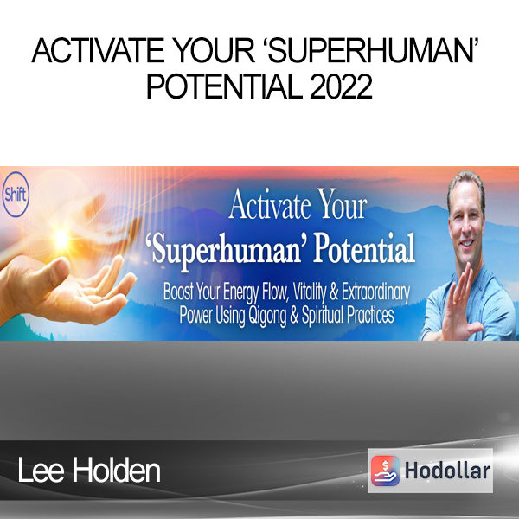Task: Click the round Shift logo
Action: click(x=16, y=195)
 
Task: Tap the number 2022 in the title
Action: click(x=342, y=86)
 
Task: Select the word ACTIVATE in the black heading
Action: click(x=98, y=50)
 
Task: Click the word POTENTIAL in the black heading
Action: click(x=224, y=86)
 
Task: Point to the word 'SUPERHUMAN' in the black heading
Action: click(x=374, y=50)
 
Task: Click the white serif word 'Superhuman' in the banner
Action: click(x=224, y=250)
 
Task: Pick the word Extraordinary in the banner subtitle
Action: click(x=375, y=292)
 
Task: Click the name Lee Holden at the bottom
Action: click(x=89, y=471)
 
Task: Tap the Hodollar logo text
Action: click(x=447, y=471)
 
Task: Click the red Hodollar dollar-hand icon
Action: click(x=385, y=471)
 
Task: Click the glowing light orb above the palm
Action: click(x=61, y=238)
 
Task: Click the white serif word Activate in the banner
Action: click(x=270, y=205)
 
